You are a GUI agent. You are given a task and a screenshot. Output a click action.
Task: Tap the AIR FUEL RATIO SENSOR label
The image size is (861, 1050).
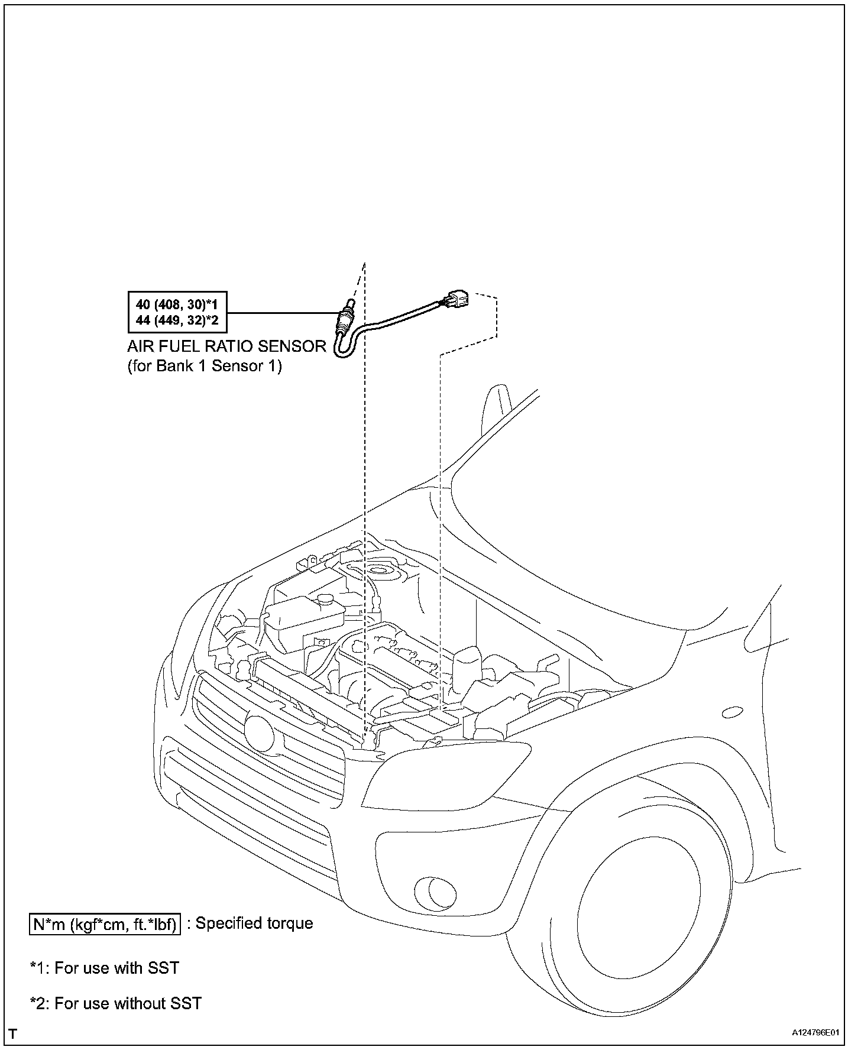pyautogui.click(x=226, y=346)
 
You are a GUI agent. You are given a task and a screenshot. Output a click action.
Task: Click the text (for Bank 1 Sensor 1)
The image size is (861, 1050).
pyautogui.click(x=205, y=366)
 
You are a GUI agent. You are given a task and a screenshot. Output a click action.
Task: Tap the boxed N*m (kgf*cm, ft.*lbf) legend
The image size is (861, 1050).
pyautogui.click(x=105, y=924)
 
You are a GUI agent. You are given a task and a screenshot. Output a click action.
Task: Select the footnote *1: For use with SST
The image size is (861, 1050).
pyautogui.click(x=105, y=968)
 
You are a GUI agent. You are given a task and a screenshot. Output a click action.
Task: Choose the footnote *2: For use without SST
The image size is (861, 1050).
pyautogui.click(x=116, y=1003)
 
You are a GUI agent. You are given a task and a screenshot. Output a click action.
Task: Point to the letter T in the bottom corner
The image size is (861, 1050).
pyautogui.click(x=13, y=1034)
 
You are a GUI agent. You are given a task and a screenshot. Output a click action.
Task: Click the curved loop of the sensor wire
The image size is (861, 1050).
pyautogui.click(x=343, y=349)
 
